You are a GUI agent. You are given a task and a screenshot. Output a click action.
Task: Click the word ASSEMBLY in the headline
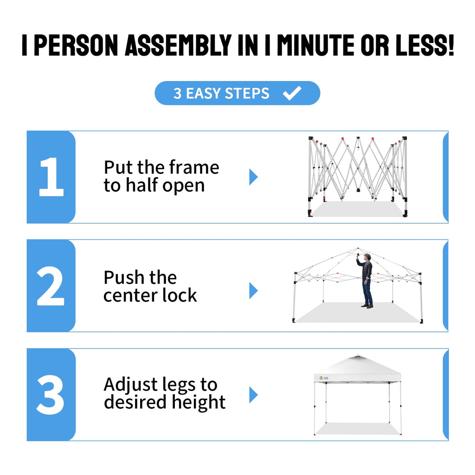179,45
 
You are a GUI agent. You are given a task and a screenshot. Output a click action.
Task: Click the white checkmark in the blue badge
292,93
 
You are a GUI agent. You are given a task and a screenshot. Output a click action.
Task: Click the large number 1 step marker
51,177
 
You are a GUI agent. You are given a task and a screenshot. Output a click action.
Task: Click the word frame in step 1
194,167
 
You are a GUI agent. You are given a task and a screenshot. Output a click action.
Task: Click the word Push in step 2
123,277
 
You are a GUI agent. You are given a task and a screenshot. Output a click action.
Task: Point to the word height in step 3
199,403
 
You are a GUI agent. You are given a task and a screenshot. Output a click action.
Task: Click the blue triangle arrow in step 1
253,177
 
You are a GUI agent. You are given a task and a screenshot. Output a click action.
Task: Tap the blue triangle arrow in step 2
253,290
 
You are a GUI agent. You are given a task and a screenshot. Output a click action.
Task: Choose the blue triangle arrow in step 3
253,395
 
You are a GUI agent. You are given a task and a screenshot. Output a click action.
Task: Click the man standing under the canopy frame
366,281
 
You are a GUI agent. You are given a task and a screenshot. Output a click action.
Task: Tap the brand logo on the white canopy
323,378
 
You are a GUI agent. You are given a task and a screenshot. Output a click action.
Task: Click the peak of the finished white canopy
358,356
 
